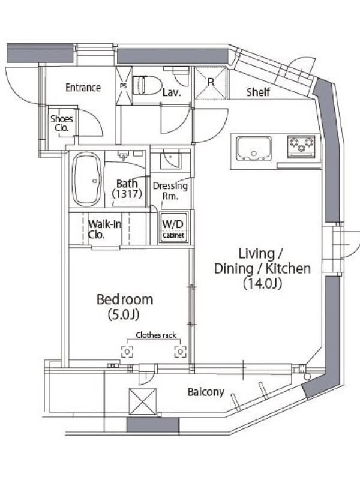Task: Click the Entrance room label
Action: tap(83, 88)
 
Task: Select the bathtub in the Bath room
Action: tap(87, 179)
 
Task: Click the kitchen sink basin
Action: tap(254, 148)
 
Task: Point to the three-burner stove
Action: tap(301, 146)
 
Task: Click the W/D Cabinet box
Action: tap(173, 227)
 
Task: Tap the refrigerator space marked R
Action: tap(211, 83)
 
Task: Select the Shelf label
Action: tap(258, 92)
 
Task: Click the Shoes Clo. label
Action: tap(62, 123)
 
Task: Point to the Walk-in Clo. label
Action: tap(104, 229)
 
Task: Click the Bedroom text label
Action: tap(125, 299)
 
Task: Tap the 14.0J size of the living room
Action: tap(262, 283)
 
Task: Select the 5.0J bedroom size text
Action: tap(124, 314)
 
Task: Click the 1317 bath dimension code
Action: tap(127, 194)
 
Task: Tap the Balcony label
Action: tap(206, 392)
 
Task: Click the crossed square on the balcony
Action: tap(143, 401)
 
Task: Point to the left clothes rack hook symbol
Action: tap(127, 352)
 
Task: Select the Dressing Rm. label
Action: tap(170, 191)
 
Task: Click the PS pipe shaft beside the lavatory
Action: tap(124, 86)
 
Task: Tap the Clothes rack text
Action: tap(156, 335)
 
